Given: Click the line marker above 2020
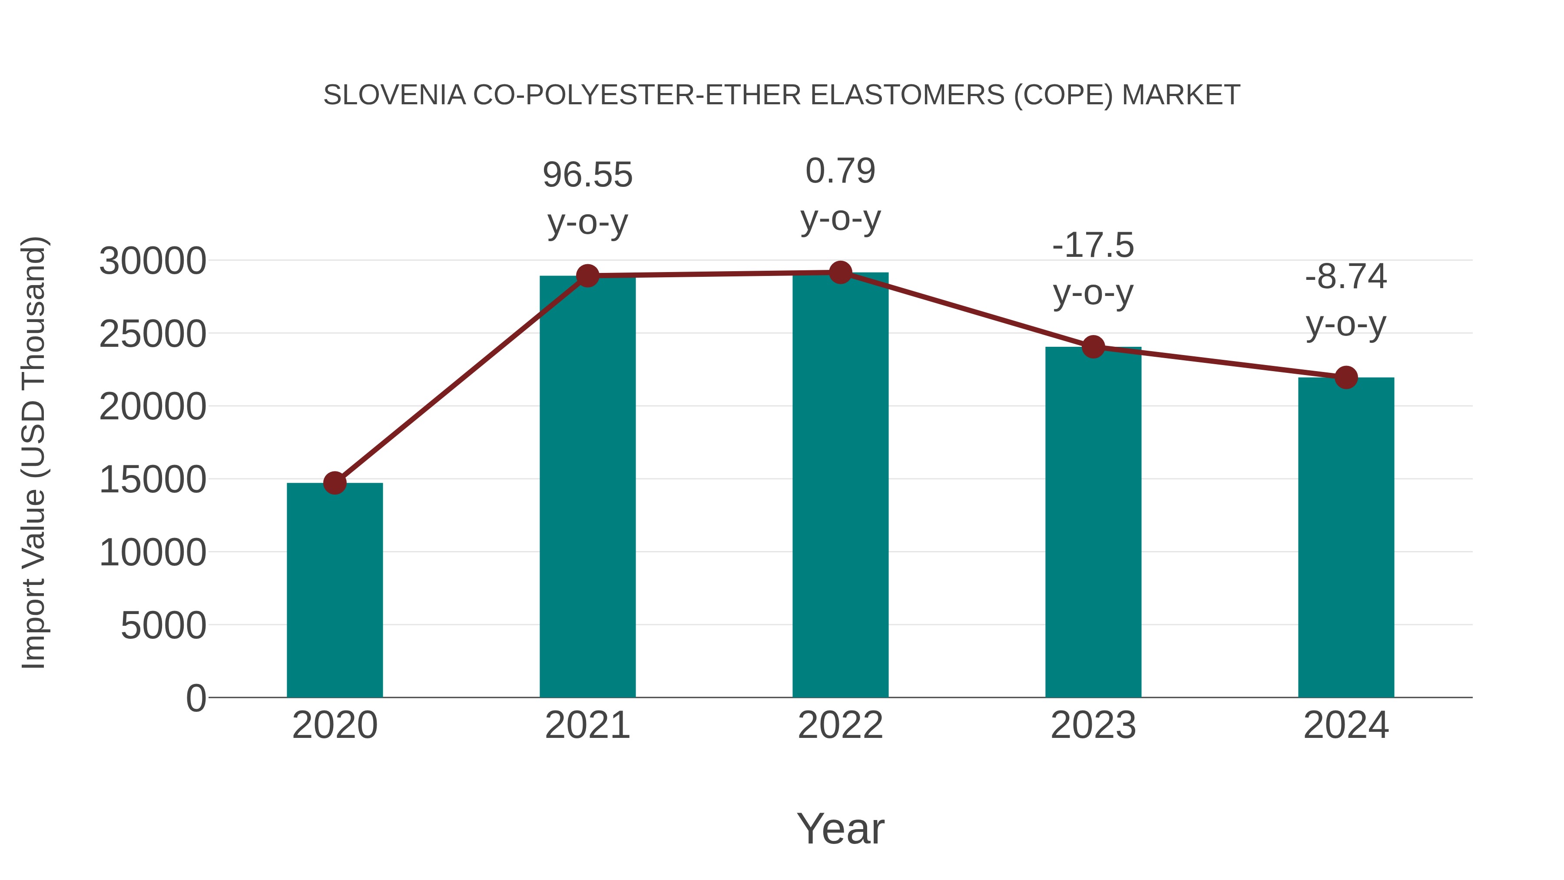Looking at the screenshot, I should tap(335, 483).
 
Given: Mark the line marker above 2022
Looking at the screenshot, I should tap(840, 272).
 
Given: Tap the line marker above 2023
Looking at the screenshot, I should tap(1093, 347).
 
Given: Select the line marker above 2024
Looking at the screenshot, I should tap(1346, 377).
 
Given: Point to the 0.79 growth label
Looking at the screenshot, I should tap(840, 171).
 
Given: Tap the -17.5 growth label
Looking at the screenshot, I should tap(1093, 246).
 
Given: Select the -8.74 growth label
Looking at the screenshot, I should tap(1346, 277).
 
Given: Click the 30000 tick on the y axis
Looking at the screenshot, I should tap(152, 261).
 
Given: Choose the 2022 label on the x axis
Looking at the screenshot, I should tap(840, 725).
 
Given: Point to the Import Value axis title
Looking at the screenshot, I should tap(34, 452).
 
